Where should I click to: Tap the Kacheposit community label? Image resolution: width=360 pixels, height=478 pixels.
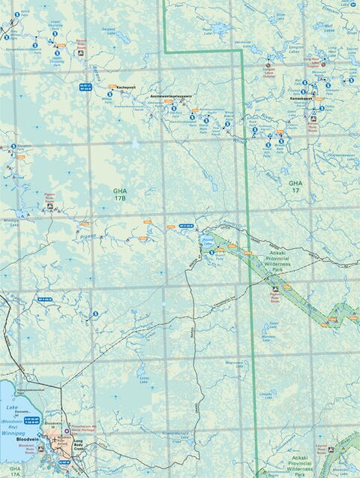pos(124,86)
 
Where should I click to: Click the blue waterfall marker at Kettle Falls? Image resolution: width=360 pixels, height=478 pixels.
pos(16,14)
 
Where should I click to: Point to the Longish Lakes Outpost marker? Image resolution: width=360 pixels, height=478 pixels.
pos(269,66)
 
